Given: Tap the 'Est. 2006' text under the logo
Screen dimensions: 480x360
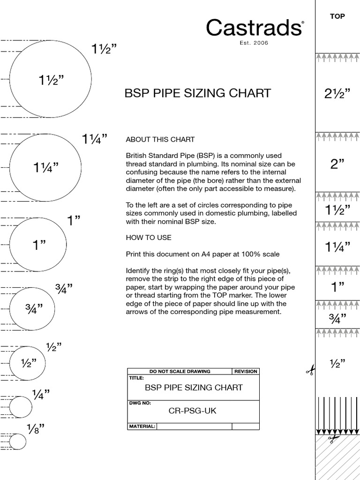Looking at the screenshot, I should pos(254,43).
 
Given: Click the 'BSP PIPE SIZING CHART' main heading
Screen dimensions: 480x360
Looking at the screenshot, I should pos(197,93).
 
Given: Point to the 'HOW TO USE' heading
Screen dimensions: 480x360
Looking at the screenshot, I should pos(149,238).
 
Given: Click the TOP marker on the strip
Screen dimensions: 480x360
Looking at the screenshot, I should pos(337,16).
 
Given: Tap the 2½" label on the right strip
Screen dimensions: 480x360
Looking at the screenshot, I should pos(337,94).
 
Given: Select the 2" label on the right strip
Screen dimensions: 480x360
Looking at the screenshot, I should pos(337,164).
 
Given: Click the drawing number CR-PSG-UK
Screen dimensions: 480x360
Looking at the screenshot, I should pos(193,411).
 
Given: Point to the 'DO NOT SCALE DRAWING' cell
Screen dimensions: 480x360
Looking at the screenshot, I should pos(180,371).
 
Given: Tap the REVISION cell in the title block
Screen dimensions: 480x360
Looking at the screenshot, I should pos(246,371).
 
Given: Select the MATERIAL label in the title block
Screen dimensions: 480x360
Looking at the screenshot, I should pos(142,427).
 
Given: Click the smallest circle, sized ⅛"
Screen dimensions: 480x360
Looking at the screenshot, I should pos(18,442).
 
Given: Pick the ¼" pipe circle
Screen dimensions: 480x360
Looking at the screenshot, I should pos(21,406).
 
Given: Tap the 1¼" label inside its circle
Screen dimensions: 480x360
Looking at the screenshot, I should pos(46,167).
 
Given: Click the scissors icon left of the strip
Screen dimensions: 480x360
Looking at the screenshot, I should pos(310,371).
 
